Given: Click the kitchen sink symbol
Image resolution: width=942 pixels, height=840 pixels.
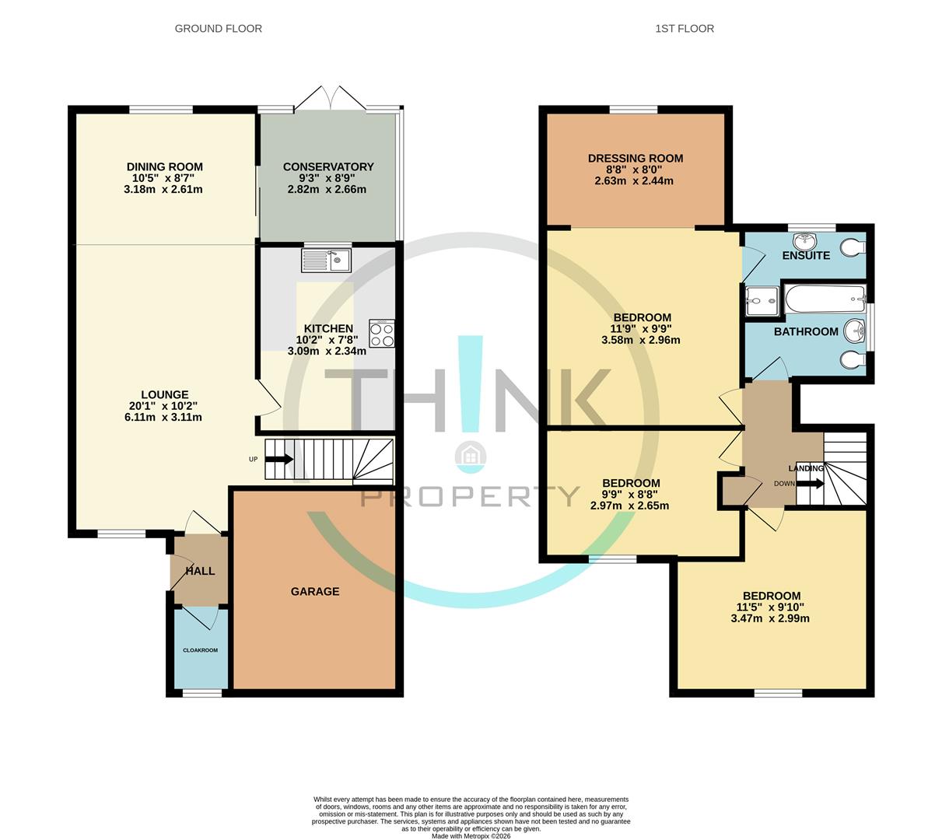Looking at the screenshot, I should (x=327, y=260).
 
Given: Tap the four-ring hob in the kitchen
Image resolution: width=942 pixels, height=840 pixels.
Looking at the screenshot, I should (x=382, y=334).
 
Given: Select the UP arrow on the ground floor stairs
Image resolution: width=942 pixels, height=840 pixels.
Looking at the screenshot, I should (x=279, y=459).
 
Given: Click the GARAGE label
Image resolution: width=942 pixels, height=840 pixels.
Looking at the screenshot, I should (x=315, y=591).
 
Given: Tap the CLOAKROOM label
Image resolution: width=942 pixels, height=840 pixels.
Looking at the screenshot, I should (x=200, y=650).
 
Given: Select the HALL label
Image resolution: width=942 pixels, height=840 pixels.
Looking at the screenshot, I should (x=200, y=571).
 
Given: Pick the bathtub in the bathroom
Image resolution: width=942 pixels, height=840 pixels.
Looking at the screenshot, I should (x=825, y=298).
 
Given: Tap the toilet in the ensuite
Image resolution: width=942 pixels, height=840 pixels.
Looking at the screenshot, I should (x=853, y=247).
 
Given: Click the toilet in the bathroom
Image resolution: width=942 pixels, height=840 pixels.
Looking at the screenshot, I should (x=853, y=359).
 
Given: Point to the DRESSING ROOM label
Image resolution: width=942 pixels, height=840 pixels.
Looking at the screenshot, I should (x=636, y=159).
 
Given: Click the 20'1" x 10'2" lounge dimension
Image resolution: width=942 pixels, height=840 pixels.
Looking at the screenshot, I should (x=165, y=406).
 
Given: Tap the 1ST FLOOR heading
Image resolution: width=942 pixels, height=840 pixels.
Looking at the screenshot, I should (x=685, y=29).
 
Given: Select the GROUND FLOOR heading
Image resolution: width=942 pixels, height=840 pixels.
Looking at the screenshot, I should (x=218, y=29).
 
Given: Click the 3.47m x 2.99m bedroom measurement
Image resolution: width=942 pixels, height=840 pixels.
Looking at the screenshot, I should (x=770, y=619).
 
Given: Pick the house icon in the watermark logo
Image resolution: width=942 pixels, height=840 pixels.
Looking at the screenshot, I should (x=471, y=456).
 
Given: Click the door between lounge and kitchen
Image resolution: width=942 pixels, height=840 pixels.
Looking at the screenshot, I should (x=268, y=398).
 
